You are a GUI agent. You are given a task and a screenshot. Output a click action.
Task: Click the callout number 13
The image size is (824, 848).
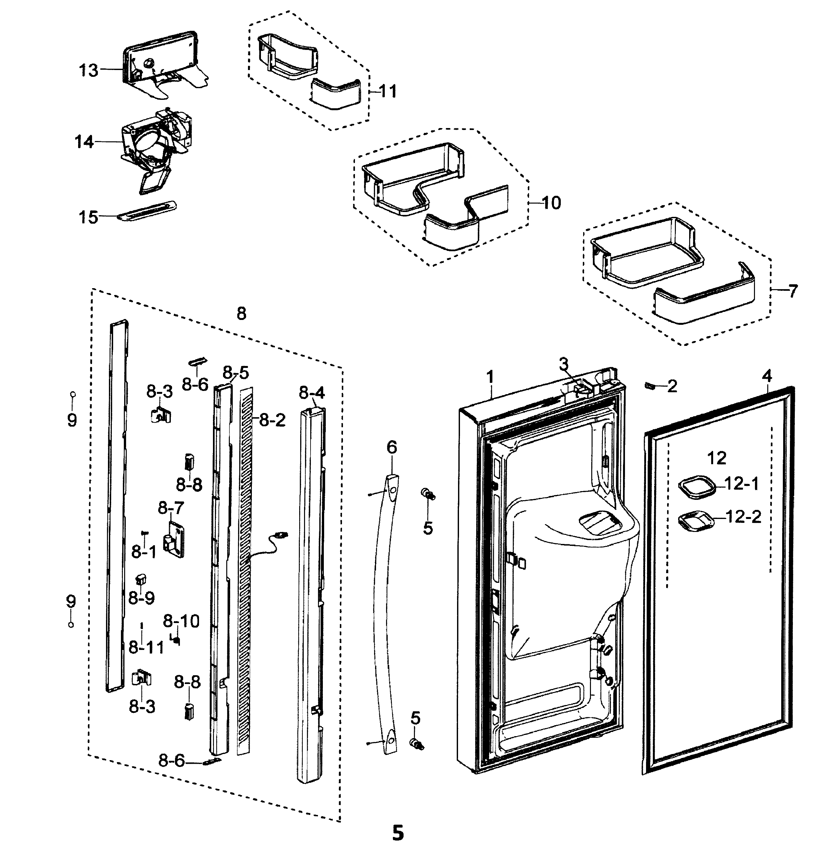pyautogui.click(x=88, y=70)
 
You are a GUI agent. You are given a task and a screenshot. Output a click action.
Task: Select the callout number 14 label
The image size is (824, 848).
pyautogui.click(x=84, y=142)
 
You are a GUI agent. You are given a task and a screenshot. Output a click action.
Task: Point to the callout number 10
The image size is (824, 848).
pyautogui.click(x=551, y=203)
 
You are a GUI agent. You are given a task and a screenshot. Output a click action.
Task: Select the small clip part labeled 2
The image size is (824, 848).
pyautogui.click(x=649, y=384)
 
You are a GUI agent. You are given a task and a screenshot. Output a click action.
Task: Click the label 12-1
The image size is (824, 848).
pyautogui.click(x=741, y=484)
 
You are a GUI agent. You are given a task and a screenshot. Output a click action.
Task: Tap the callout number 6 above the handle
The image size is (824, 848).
pyautogui.click(x=391, y=447)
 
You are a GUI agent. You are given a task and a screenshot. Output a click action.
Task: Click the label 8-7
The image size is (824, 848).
pyautogui.click(x=171, y=508)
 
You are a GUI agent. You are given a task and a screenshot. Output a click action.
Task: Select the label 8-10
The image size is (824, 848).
pyautogui.click(x=181, y=622)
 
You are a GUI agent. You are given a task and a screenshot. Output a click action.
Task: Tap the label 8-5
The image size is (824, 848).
pyautogui.click(x=236, y=372)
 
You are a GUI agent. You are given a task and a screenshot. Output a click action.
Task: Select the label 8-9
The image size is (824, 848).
pyautogui.click(x=142, y=598)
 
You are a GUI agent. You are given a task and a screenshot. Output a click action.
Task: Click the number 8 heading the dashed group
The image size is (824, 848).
pyautogui.click(x=241, y=313)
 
